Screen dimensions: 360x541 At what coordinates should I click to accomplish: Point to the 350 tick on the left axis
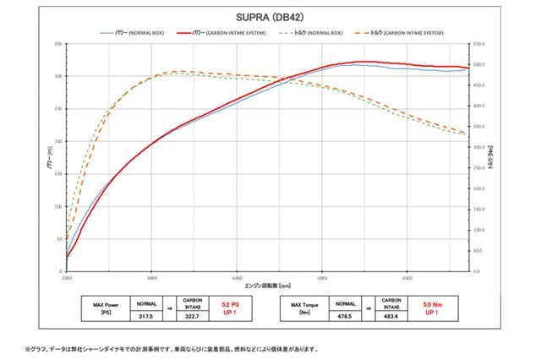pos(58,43)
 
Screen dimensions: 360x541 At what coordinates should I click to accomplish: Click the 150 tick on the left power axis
pos(58,173)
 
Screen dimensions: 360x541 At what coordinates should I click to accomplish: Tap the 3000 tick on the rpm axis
pos(151,277)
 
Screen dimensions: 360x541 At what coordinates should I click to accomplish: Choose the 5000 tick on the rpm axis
pos(322,277)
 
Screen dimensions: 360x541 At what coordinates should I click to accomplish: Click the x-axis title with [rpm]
pos(266,286)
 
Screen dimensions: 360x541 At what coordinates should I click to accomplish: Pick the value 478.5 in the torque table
pos(345,316)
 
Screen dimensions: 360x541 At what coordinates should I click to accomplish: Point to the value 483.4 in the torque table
pos(391,316)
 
